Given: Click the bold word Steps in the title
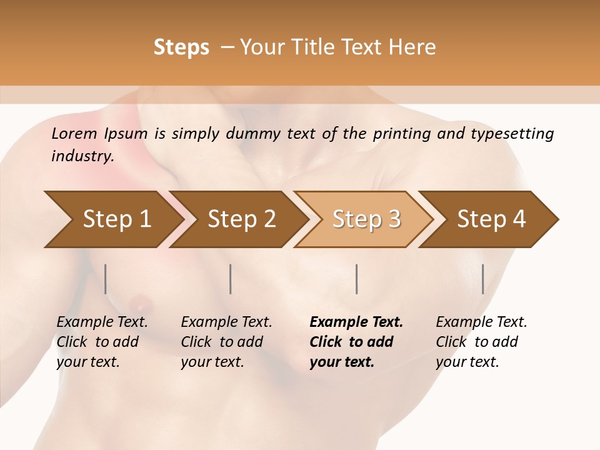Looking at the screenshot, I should point(181,47).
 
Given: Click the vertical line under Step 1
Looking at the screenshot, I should point(106,279).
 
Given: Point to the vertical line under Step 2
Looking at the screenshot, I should point(231,279).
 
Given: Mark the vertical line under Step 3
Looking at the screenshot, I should point(357,279).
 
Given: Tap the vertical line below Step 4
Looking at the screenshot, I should point(483,279).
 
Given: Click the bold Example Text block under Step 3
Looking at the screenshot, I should point(356,342).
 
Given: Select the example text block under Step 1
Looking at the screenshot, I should point(102,342).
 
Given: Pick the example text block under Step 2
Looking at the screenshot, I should point(226,342).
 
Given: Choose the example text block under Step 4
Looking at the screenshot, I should point(481,342).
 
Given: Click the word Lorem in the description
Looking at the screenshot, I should point(74,134).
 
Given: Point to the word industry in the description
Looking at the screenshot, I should point(82,156).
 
